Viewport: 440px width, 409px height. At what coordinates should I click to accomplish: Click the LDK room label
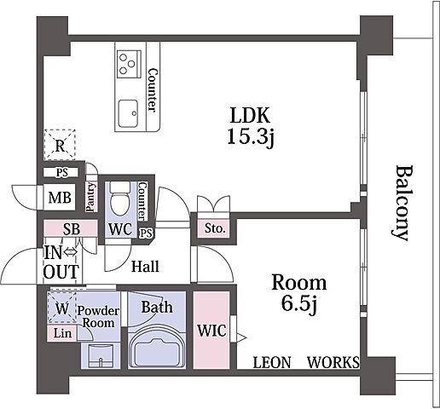(250, 115)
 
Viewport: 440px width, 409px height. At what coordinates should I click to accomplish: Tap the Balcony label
(402, 203)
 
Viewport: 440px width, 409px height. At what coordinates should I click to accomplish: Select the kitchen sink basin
(128, 113)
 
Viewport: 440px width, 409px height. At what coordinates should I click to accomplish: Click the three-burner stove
(130, 64)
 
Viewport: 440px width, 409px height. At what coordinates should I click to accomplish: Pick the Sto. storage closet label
(215, 228)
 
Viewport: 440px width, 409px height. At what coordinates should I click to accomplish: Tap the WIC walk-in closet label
(211, 331)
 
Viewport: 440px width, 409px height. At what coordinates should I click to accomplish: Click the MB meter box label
(60, 198)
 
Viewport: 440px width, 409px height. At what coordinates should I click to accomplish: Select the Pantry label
(90, 197)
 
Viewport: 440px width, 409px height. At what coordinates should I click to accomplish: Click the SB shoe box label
(72, 229)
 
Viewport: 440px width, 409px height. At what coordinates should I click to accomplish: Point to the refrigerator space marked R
(60, 145)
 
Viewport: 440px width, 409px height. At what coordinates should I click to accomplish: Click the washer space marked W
(62, 308)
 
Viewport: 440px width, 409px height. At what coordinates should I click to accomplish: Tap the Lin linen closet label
(62, 333)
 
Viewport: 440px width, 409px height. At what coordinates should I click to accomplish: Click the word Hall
(145, 267)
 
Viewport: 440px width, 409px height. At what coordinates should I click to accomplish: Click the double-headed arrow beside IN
(70, 251)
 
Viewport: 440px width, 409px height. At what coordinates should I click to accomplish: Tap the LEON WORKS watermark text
(306, 362)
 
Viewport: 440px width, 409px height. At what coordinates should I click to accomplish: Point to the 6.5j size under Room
(299, 304)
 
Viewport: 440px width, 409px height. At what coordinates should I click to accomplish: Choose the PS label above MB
(62, 172)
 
